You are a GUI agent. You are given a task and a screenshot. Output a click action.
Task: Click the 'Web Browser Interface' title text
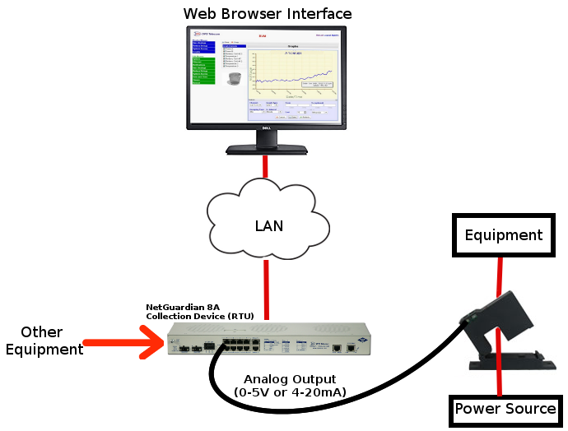pos(267,14)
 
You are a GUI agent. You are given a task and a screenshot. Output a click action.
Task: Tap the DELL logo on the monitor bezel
pos(266,128)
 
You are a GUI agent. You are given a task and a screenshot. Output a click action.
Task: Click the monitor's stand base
pos(265,149)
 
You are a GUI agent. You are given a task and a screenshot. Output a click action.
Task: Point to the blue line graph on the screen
pos(292,78)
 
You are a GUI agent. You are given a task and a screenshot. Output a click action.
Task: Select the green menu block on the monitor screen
pos(203,70)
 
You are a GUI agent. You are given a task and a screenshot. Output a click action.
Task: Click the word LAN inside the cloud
pos(268,225)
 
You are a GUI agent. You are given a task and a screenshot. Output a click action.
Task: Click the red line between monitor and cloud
pos(265,165)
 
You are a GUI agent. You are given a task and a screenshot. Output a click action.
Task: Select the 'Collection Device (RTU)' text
pos(200,316)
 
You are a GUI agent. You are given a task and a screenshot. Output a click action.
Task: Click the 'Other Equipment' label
pos(43,341)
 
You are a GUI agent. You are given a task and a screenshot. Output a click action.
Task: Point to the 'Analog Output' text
pos(289,379)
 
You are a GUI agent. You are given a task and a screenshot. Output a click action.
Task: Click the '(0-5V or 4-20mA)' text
pos(290,392)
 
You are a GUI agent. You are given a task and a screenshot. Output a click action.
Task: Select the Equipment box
pos(503,235)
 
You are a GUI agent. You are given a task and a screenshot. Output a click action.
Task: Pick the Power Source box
pos(505,409)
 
